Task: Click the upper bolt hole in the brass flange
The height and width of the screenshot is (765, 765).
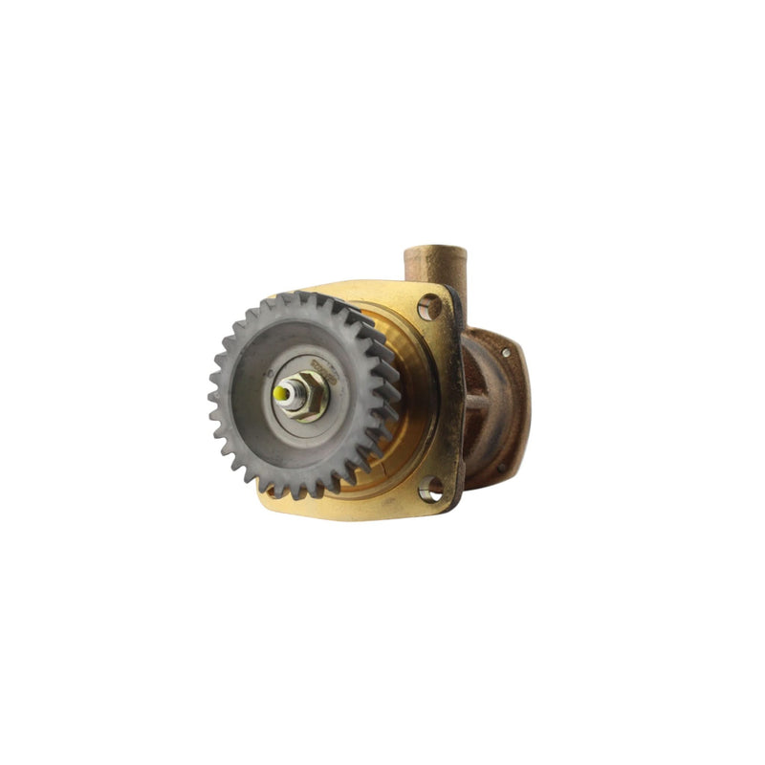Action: [429, 306]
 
